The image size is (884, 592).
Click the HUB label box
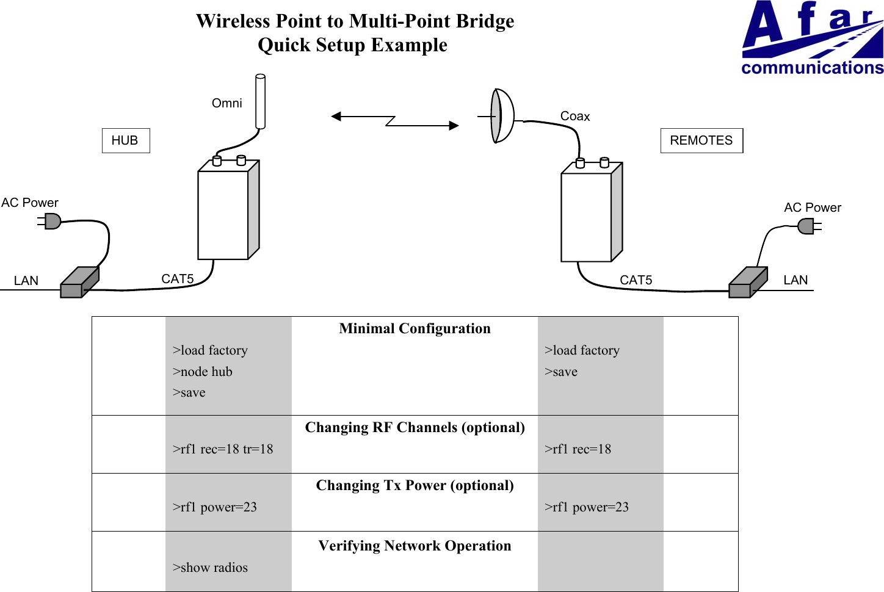click(125, 140)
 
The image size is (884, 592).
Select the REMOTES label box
click(701, 140)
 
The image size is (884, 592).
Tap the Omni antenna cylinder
click(260, 101)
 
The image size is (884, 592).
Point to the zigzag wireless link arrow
click(394, 121)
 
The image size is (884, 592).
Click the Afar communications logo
click(811, 38)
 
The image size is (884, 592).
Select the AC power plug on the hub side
click(52, 221)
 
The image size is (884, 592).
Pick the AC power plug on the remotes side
click(808, 227)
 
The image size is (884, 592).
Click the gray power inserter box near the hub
click(79, 283)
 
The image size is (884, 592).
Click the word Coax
click(574, 116)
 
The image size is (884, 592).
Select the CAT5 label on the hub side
click(177, 279)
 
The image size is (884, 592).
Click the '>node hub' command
click(202, 372)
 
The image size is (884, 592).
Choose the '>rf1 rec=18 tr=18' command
click(222, 449)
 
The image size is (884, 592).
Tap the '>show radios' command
click(210, 568)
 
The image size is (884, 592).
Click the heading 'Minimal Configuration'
click(415, 329)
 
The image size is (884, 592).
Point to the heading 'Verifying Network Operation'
click(415, 546)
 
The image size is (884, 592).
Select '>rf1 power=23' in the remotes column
click(586, 507)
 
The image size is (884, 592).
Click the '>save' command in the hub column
click(189, 392)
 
